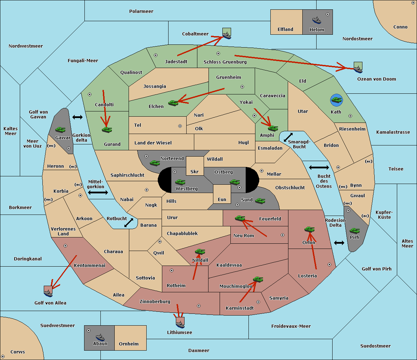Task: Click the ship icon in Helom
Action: (x=317, y=20)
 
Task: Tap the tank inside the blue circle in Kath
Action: (x=336, y=100)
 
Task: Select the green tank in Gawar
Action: (x=60, y=129)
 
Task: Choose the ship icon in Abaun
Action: (x=100, y=337)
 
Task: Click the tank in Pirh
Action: (x=354, y=231)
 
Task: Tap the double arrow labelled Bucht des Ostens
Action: (x=319, y=168)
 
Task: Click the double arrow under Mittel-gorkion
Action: (x=98, y=192)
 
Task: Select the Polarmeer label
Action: (x=141, y=11)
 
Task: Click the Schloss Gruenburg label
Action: (x=225, y=62)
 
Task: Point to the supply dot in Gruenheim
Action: (x=242, y=87)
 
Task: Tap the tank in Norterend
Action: (x=155, y=163)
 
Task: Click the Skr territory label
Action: (x=194, y=172)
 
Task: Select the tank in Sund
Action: (x=260, y=201)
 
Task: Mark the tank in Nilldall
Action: (x=200, y=251)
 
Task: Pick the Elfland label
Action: (x=285, y=30)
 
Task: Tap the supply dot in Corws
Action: (x=3, y=357)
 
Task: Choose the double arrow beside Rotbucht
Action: (x=129, y=223)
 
